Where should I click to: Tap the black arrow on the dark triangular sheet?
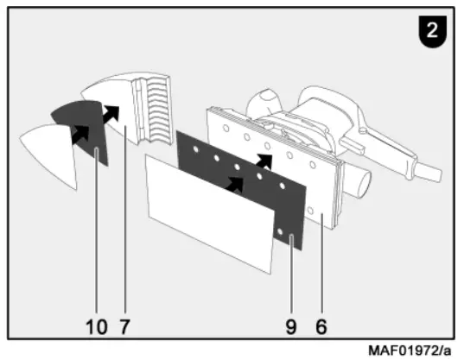[x=79, y=133]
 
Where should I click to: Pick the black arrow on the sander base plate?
[x=265, y=161]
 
